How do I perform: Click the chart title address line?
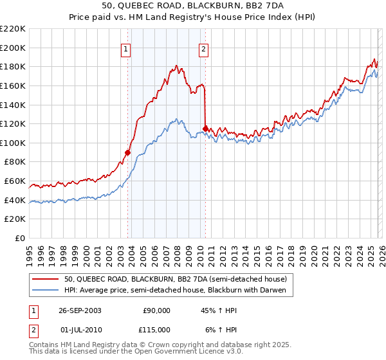point(193,4)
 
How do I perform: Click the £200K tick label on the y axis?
point(13,48)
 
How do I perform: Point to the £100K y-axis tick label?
point(13,143)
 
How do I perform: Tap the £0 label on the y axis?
point(19,238)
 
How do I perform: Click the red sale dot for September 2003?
point(128,152)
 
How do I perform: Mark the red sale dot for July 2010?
point(205,129)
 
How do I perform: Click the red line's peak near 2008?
point(176,66)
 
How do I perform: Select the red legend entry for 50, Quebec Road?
point(179,278)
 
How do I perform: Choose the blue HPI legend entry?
point(179,290)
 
